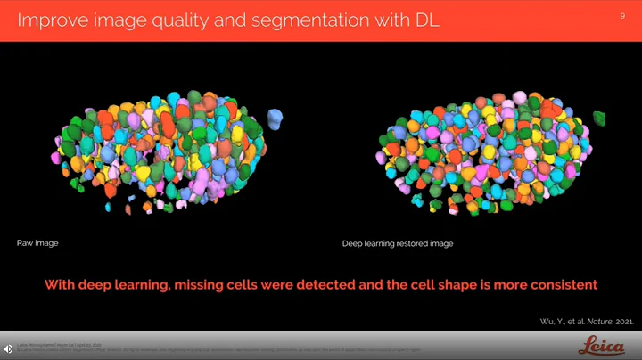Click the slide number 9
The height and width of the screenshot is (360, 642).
pos(621,15)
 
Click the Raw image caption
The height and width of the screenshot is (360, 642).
pos(37,242)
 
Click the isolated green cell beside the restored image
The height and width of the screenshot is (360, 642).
pos(598,119)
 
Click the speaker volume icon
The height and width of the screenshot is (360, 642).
pos(7,348)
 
